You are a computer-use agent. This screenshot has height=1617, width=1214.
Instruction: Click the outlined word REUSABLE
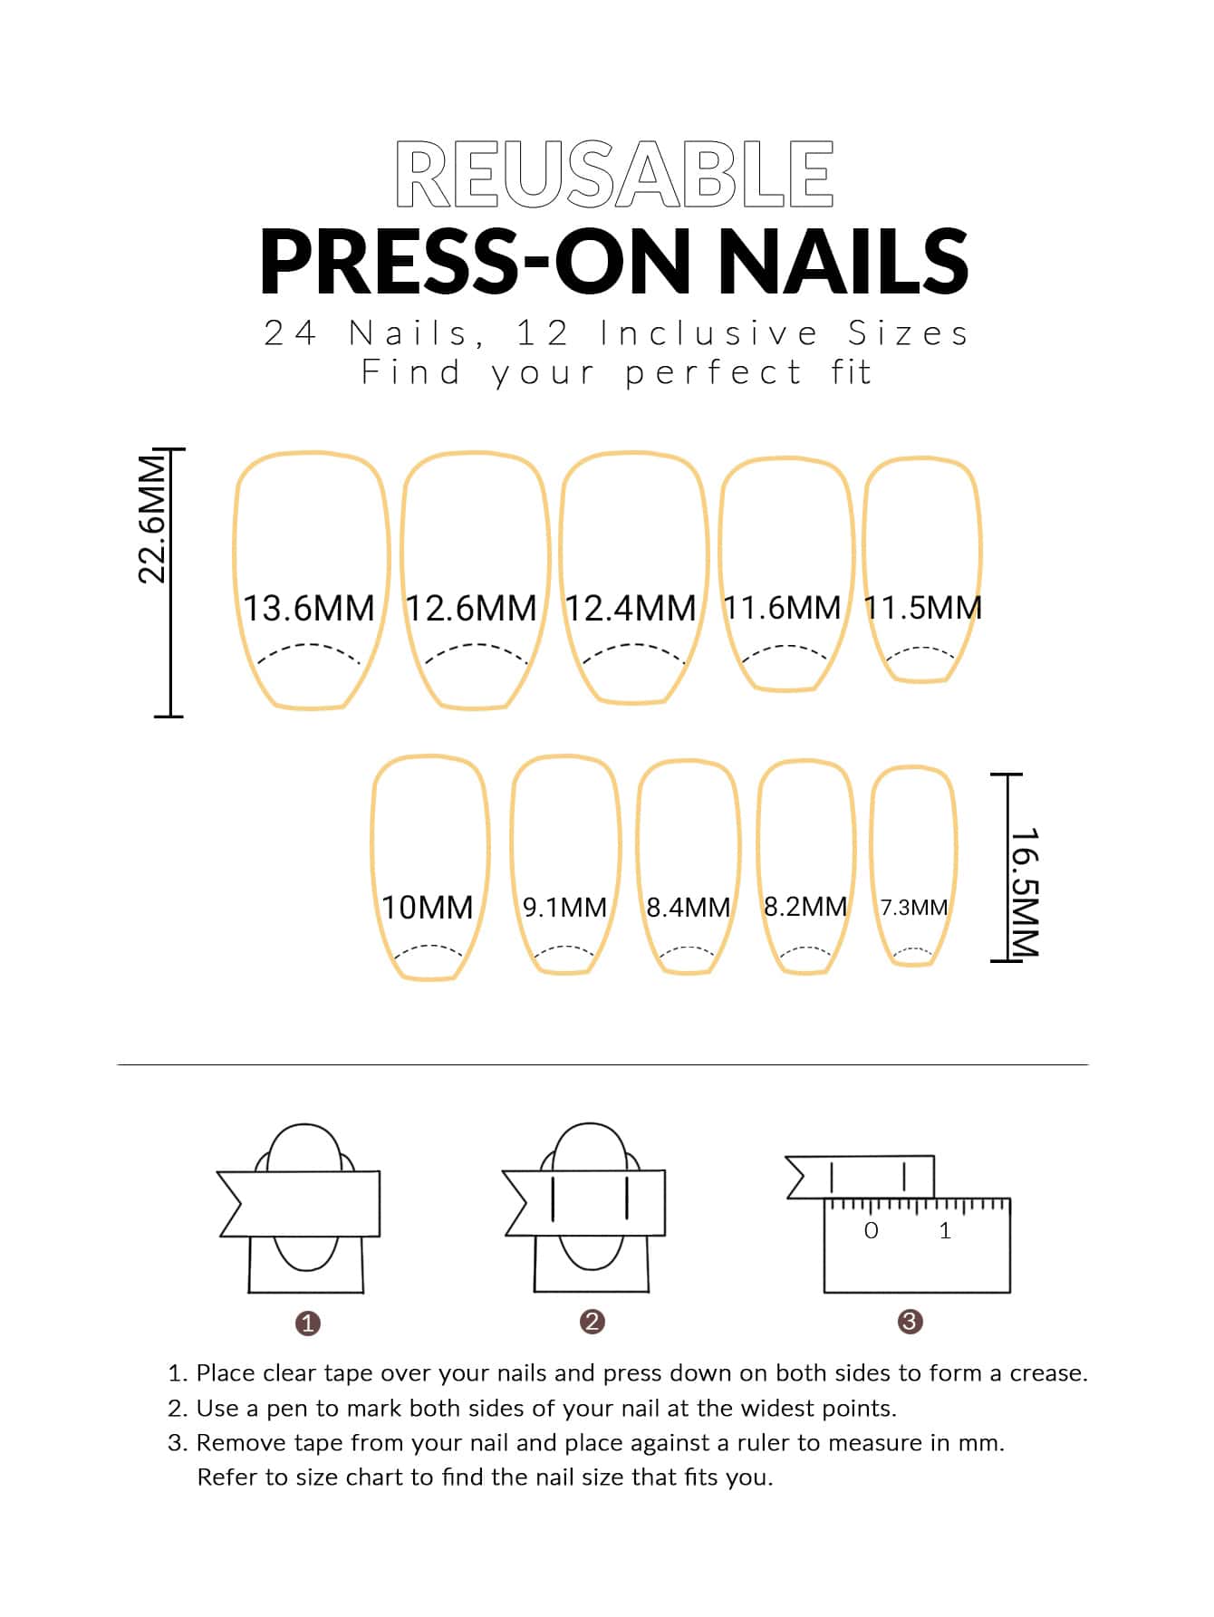[x=614, y=175]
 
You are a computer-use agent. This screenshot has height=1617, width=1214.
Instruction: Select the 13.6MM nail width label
[x=309, y=608]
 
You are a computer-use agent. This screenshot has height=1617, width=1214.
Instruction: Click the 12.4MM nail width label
[x=631, y=608]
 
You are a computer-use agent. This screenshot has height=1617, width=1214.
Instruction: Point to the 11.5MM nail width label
[x=923, y=607]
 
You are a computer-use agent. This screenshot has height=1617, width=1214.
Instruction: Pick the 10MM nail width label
[x=428, y=907]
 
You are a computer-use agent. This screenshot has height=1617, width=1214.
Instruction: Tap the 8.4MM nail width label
[x=689, y=907]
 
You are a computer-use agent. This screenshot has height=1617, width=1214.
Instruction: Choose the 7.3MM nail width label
[x=914, y=907]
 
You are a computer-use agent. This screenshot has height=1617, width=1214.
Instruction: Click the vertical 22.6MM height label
[x=152, y=518]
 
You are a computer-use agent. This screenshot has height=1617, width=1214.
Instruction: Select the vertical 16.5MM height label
[x=1024, y=892]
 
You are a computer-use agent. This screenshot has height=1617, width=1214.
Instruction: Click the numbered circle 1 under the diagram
[x=308, y=1323]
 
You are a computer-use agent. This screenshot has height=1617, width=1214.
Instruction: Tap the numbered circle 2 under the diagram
[x=592, y=1322]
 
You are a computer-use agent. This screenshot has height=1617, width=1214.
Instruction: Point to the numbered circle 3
[x=910, y=1322]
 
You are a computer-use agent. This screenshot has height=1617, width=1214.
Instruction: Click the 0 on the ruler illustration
[x=872, y=1230]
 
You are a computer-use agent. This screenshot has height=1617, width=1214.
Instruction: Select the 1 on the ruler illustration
[x=945, y=1230]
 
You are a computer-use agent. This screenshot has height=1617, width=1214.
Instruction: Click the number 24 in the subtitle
[x=290, y=333]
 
